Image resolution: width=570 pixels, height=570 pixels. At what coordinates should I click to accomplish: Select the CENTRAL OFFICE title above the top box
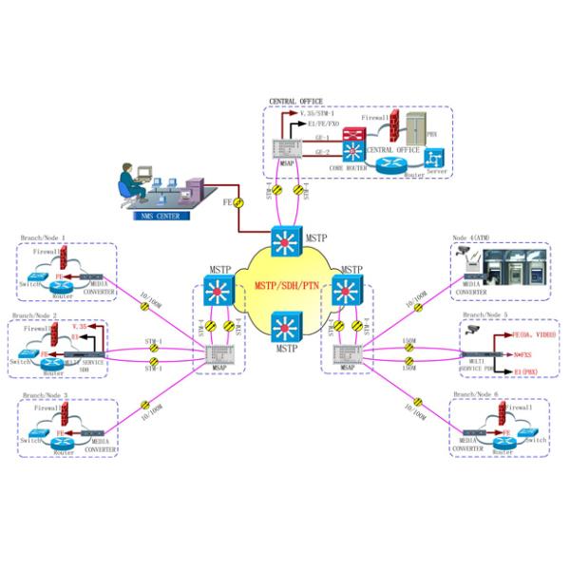point(295,102)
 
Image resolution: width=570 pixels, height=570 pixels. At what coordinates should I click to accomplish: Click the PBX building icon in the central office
point(416,128)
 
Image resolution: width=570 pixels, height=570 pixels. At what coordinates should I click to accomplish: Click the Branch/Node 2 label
point(35,315)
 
